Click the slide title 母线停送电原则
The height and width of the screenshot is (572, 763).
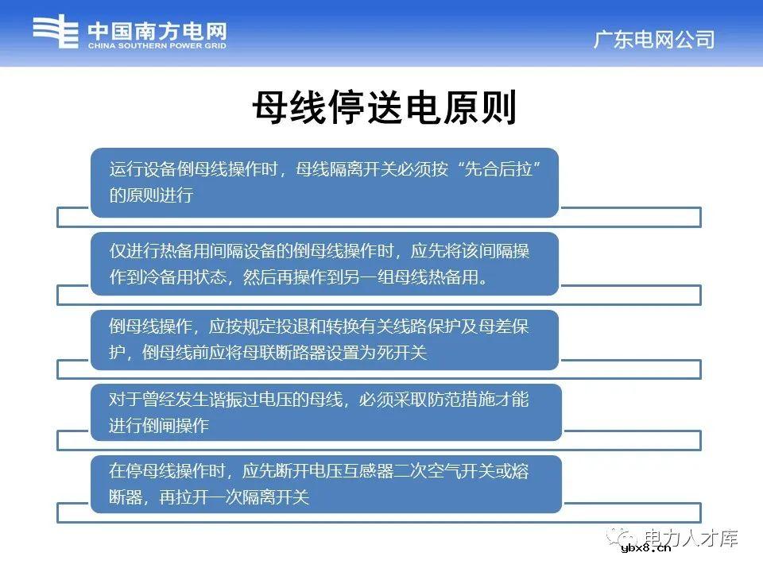pyautogui.click(x=385, y=108)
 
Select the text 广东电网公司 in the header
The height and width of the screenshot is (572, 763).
pyautogui.click(x=654, y=40)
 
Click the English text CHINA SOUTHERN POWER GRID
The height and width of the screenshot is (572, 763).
pyautogui.click(x=157, y=46)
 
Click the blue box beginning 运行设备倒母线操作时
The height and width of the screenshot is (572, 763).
pyautogui.click(x=324, y=182)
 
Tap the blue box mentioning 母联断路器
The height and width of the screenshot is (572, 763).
pyautogui.click(x=324, y=339)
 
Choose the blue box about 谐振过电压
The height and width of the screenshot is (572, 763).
pyautogui.click(x=324, y=412)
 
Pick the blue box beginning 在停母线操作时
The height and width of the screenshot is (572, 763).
pyautogui.click(x=324, y=484)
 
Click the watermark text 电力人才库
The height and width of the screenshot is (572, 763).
pyautogui.click(x=691, y=538)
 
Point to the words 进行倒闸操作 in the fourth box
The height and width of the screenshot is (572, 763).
pyautogui.click(x=159, y=426)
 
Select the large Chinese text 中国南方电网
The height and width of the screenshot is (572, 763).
pyautogui.click(x=157, y=31)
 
